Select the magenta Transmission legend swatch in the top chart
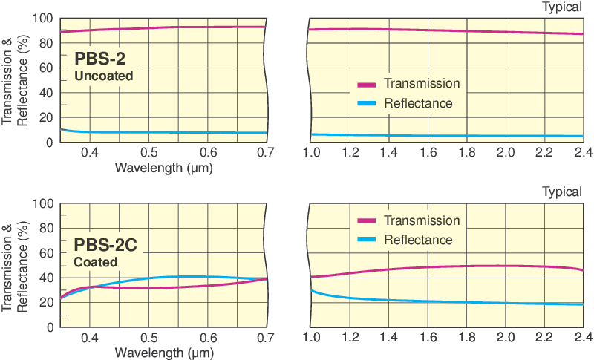tap(367, 84)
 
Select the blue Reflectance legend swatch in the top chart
tap(367, 104)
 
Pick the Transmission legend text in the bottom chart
tap(422, 220)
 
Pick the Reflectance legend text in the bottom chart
tap(418, 240)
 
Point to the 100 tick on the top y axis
tap(43, 18)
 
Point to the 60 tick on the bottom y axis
tap(46, 252)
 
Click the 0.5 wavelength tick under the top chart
tap(148, 153)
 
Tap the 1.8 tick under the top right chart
tap(466, 153)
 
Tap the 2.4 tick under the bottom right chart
tap(583, 338)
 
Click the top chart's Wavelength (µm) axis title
tap(164, 167)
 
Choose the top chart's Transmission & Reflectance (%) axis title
tap(15, 80)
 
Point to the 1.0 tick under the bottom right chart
tap(311, 338)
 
